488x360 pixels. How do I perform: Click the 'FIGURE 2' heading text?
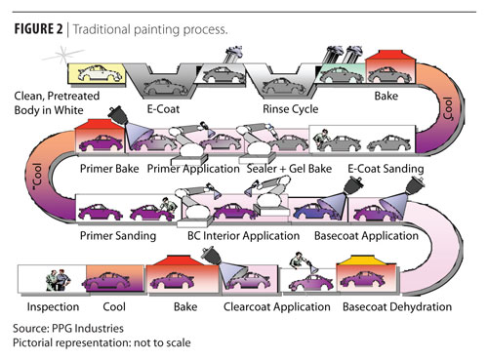pos(38,29)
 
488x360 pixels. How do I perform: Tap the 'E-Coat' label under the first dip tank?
pos(163,108)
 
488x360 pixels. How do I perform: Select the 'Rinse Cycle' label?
pos(291,108)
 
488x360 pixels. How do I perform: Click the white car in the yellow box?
pos(101,73)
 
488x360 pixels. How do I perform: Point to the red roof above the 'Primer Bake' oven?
pos(100,124)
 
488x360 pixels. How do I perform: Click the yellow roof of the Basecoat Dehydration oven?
pos(366,260)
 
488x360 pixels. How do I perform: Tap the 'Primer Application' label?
pos(193,169)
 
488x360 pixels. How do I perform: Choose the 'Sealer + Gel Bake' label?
pos(289,169)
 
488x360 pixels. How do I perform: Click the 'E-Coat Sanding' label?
pos(386,169)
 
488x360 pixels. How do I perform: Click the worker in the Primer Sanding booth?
pos(169,206)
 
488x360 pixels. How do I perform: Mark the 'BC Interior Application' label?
pos(243,236)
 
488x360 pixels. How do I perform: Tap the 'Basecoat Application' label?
pos(366,236)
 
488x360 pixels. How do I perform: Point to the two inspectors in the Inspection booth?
pos(59,280)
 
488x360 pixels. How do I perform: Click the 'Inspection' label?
pos(53,306)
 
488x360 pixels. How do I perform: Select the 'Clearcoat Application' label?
pos(277,306)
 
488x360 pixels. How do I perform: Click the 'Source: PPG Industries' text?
pos(68,328)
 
